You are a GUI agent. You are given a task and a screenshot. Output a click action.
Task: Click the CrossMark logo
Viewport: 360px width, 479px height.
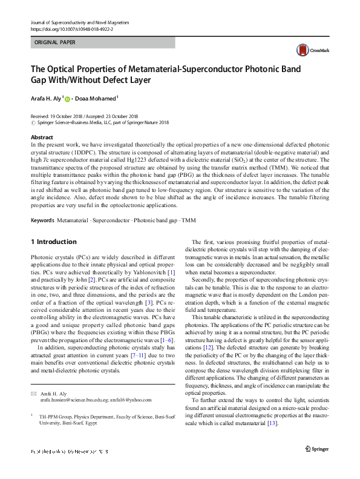click(x=310, y=51)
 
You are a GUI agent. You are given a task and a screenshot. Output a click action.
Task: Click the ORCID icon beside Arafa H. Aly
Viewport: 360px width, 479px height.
click(x=67, y=98)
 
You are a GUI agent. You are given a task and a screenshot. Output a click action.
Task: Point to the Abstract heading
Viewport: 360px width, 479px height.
click(x=42, y=137)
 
